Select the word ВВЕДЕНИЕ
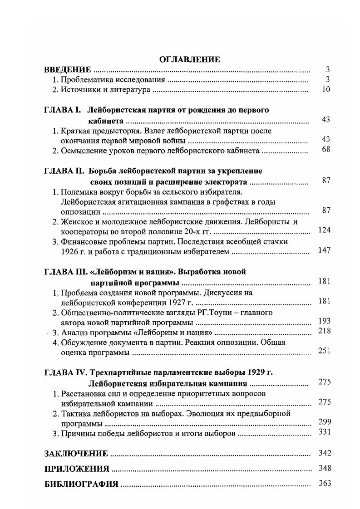[67, 70]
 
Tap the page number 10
[325, 89]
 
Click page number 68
[325, 150]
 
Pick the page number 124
[324, 230]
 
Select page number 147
[324, 250]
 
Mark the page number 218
[324, 331]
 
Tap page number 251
[324, 351]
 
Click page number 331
[324, 432]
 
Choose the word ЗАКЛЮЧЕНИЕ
[76, 454]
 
